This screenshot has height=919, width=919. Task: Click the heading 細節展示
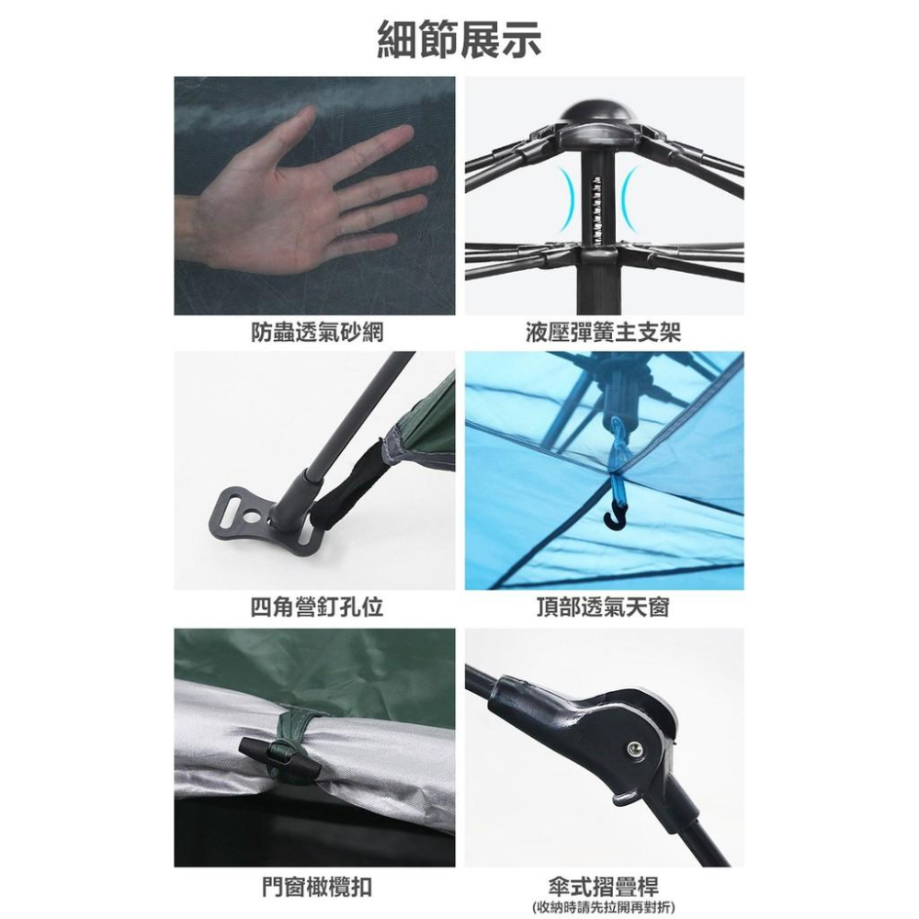coord(459,40)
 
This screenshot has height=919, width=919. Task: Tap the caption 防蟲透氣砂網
coord(317,333)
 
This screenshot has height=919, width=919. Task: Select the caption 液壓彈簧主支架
coord(604,333)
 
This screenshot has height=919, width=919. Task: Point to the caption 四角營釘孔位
coord(317,607)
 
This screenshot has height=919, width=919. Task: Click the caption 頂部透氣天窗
coord(603,607)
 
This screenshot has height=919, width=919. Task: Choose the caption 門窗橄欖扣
coord(317,887)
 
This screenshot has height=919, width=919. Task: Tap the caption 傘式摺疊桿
coord(603,885)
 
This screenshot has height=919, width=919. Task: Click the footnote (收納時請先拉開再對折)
coord(603,907)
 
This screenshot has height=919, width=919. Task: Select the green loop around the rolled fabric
coord(291,745)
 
